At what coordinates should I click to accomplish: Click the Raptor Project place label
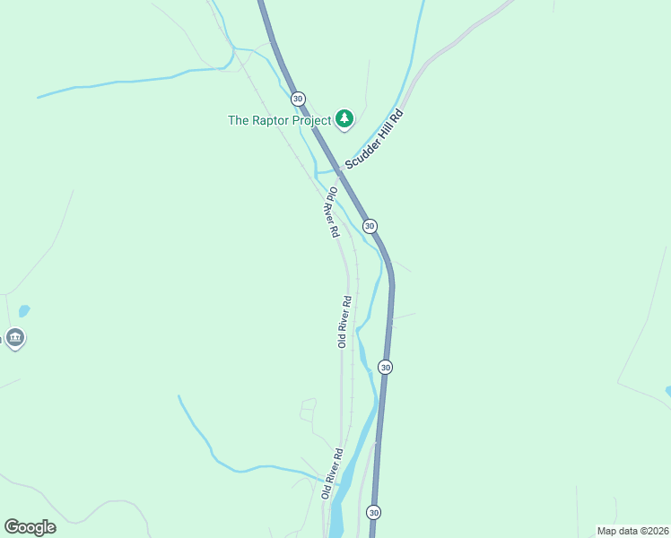pos(279,119)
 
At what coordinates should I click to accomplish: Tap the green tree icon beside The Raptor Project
pos(344,118)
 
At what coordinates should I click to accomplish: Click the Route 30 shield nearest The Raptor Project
pos(298,99)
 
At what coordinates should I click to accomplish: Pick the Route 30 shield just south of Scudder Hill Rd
pos(369,225)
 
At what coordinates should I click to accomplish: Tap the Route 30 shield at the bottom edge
pos(373,512)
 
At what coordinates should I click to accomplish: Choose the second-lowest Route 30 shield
pos(385,367)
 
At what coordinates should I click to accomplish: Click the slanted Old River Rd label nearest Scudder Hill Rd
pos(332,212)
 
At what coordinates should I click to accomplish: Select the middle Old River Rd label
pos(343,321)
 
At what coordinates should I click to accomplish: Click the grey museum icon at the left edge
pos(14,338)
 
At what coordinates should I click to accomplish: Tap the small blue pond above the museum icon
pos(23,311)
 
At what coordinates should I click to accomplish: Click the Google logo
pos(30,527)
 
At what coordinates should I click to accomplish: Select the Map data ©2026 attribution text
pos(632,530)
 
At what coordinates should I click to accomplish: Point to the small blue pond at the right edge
pos(668,391)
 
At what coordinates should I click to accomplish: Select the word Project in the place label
pos(310,119)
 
